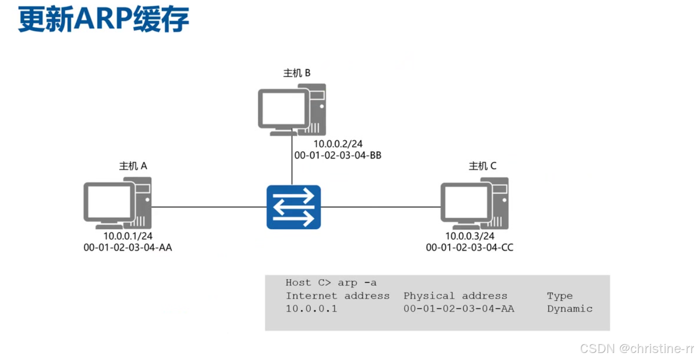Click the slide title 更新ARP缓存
[104, 21]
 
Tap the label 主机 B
[297, 73]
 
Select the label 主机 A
[133, 166]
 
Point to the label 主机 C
[482, 166]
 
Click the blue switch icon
[293, 207]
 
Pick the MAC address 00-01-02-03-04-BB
[338, 156]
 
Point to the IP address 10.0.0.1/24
[128, 236]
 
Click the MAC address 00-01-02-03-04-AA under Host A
[128, 247]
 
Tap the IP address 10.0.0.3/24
[470, 236]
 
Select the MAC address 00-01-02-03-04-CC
[470, 247]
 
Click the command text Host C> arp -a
[331, 283]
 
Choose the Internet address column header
[338, 296]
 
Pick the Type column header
[560, 296]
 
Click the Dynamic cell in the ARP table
[570, 309]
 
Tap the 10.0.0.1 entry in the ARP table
[312, 309]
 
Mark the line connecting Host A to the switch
[209, 207]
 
